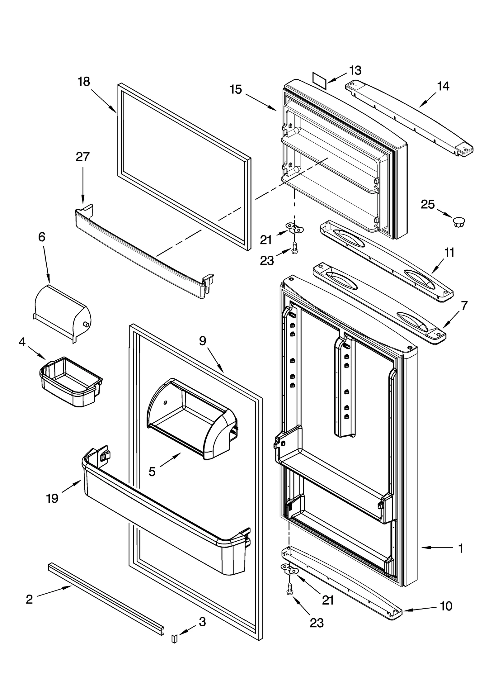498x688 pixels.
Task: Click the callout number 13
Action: click(x=355, y=71)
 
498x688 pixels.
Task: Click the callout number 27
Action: click(x=82, y=157)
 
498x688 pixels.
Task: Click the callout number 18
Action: click(x=84, y=82)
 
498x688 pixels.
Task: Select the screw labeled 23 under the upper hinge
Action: click(x=294, y=248)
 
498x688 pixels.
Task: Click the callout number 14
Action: click(x=443, y=86)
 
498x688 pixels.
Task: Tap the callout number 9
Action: click(x=203, y=341)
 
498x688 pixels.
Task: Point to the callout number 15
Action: click(x=236, y=90)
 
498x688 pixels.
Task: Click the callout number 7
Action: click(x=464, y=306)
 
